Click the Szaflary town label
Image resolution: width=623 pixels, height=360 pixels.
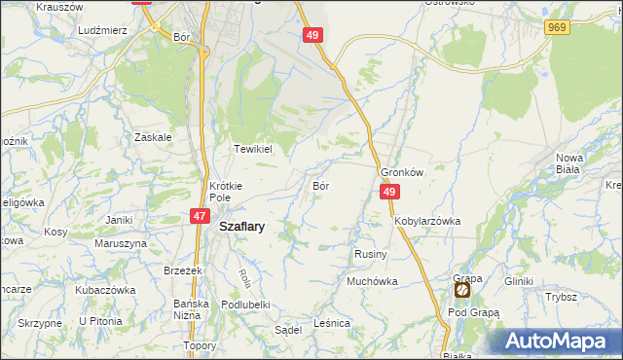coord(242,225)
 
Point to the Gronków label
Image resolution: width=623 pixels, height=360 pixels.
coord(402,172)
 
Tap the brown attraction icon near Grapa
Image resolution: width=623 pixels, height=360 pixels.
coord(462,290)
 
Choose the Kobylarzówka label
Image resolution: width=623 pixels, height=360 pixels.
coord(427,221)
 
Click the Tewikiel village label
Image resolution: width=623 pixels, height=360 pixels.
coord(250,149)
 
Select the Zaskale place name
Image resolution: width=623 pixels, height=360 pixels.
coord(154,137)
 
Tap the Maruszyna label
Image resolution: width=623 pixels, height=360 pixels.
coord(122,242)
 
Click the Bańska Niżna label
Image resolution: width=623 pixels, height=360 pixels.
coord(192,308)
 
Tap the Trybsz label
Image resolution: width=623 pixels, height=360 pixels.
coord(562,298)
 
